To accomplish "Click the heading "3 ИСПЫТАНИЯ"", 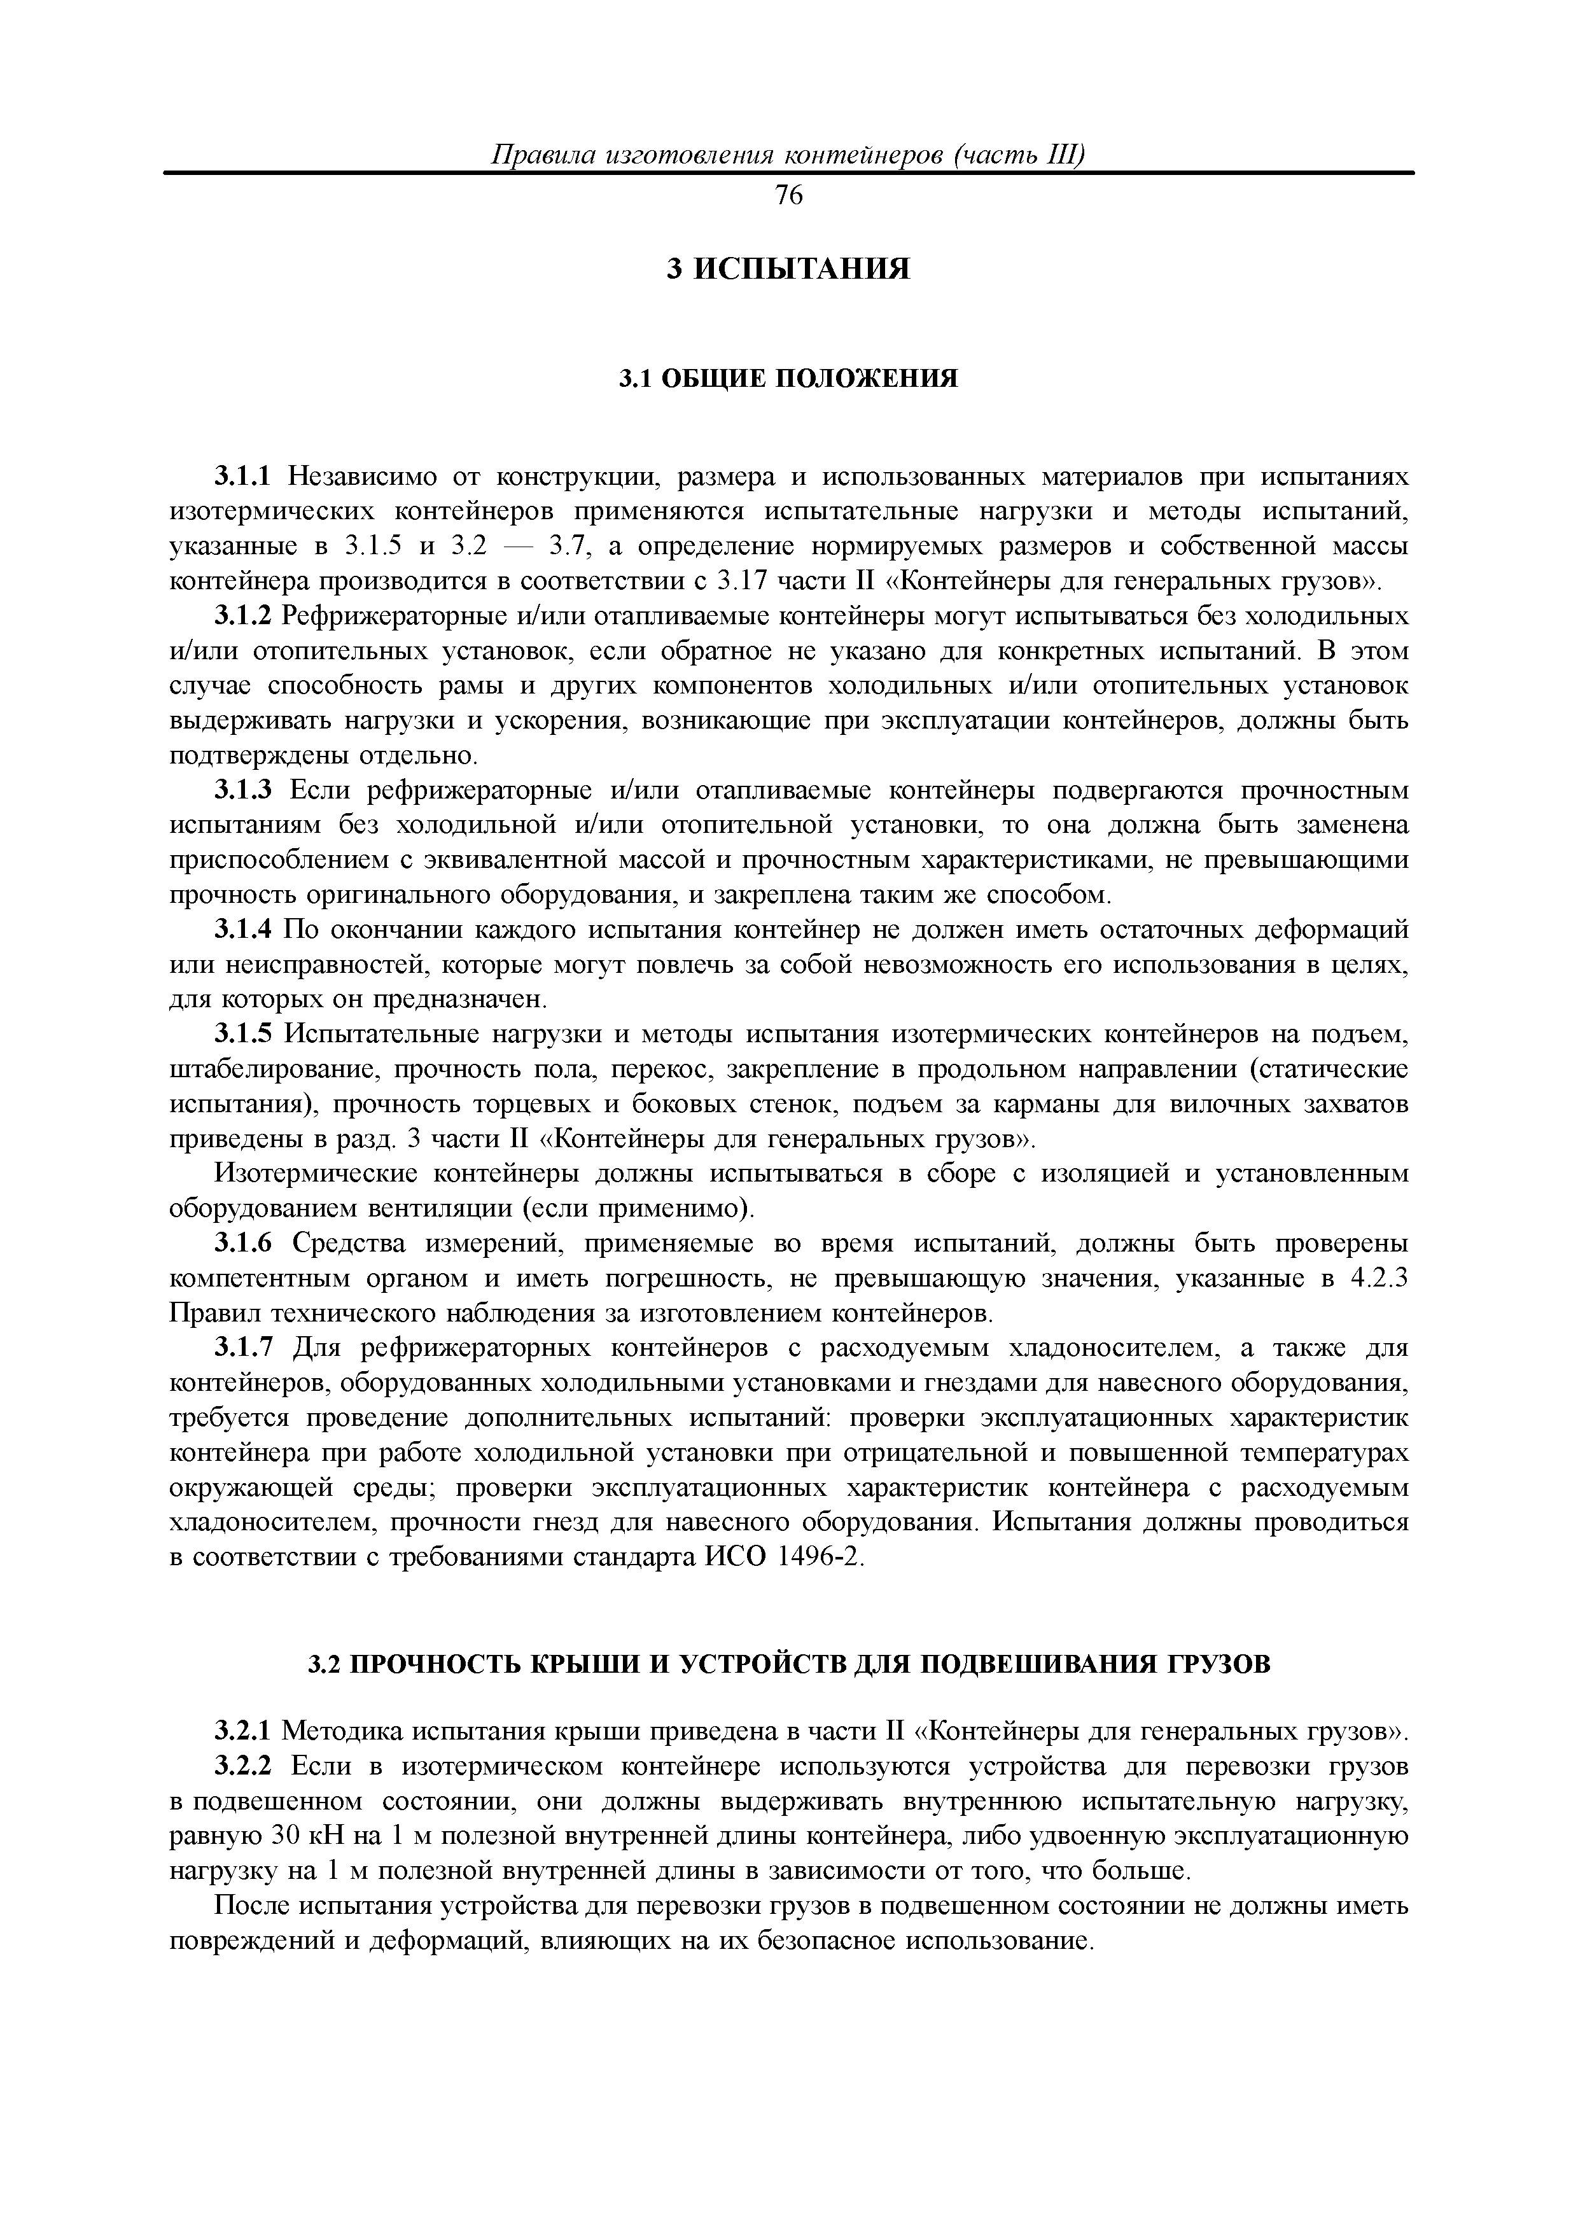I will click(x=788, y=269).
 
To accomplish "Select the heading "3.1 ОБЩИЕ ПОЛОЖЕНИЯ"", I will click(x=788, y=378).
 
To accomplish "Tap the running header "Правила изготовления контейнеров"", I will click(x=788, y=155).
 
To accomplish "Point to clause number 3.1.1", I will click(x=246, y=477).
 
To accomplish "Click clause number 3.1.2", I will click(x=246, y=617).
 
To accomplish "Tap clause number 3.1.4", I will click(x=246, y=930).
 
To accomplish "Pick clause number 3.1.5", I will click(x=246, y=1035).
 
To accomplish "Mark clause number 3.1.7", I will click(x=246, y=1348).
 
